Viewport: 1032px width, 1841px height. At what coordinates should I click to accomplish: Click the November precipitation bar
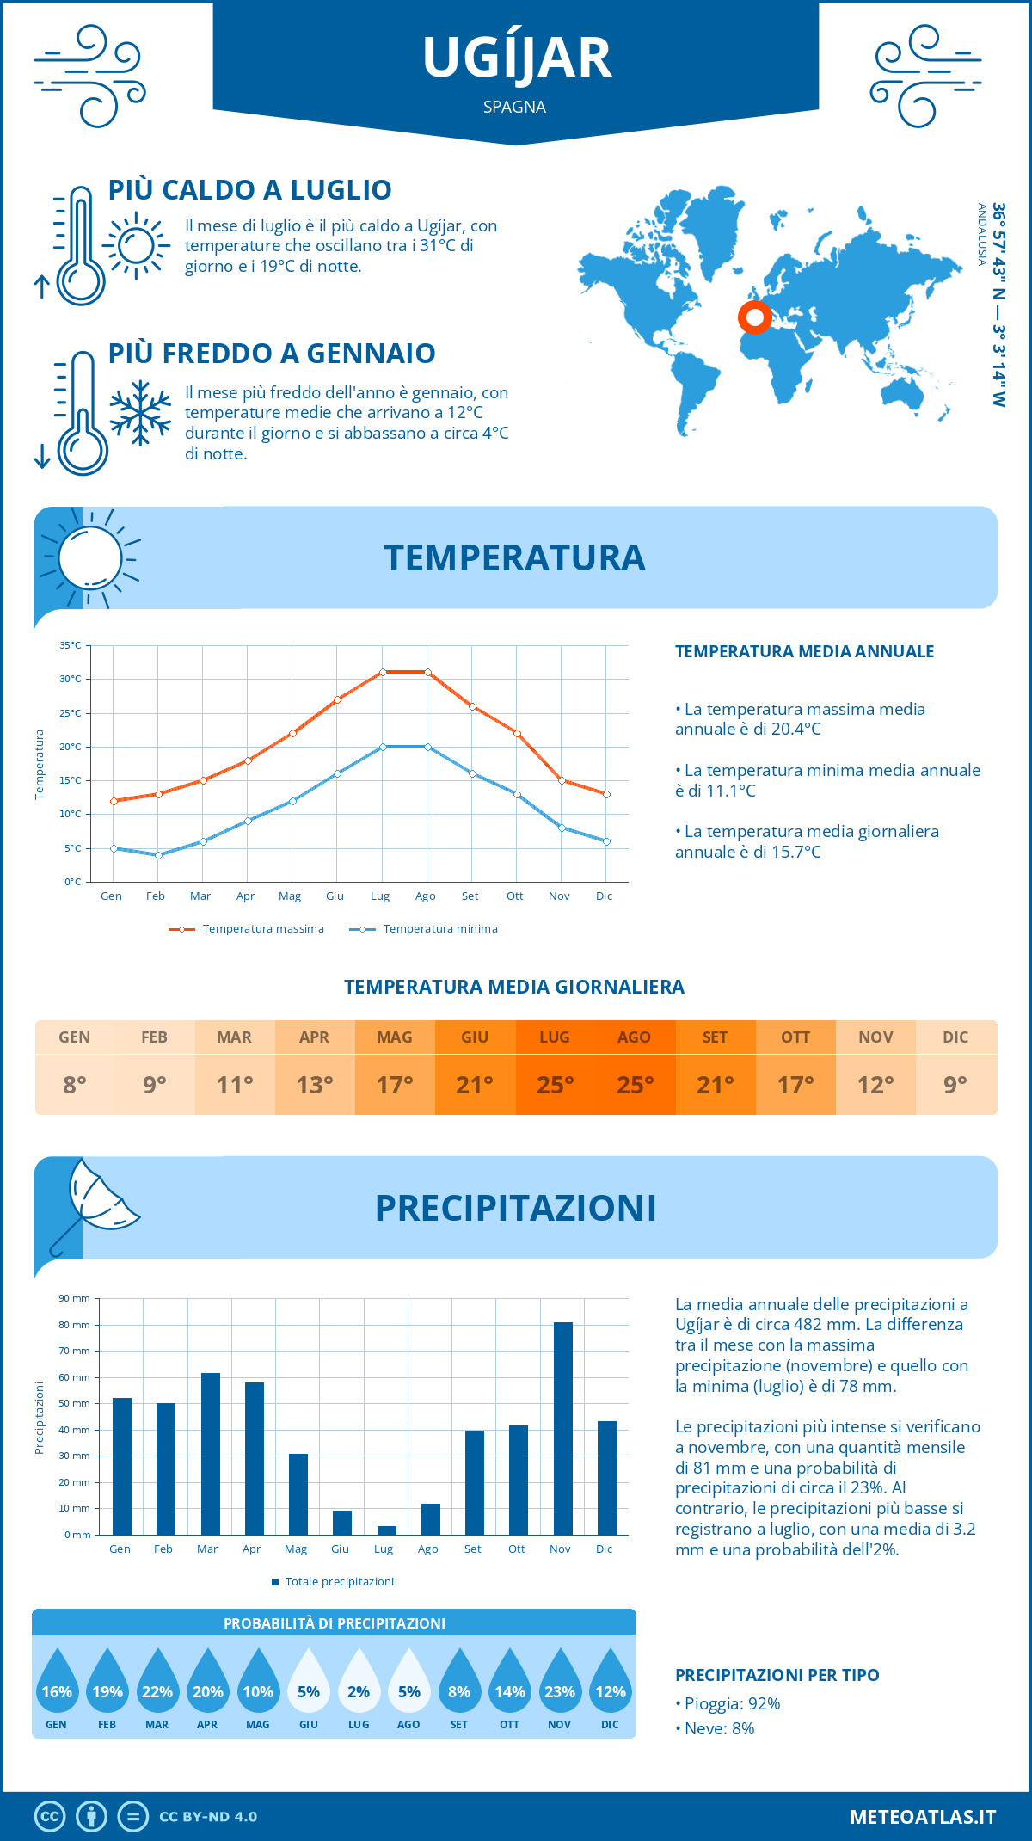click(562, 1428)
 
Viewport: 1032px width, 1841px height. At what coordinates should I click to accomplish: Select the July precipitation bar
click(387, 1530)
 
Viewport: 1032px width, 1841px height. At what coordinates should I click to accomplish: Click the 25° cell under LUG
click(555, 1084)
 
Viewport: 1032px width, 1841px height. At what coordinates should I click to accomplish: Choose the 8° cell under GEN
click(75, 1084)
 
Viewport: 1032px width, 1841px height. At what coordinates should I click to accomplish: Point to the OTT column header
click(795, 1037)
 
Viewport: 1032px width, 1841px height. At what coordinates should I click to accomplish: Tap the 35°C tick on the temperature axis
click(71, 645)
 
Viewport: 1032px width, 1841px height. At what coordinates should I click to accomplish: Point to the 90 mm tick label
click(74, 1298)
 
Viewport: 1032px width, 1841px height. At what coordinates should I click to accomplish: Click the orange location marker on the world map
click(755, 317)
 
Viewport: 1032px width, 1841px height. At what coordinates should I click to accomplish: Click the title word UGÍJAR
click(516, 58)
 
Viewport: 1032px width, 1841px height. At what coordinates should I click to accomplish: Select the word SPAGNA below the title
click(514, 107)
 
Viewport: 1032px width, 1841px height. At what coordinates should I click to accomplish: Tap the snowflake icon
click(140, 413)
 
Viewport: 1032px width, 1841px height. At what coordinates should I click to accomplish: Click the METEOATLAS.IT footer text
click(922, 1817)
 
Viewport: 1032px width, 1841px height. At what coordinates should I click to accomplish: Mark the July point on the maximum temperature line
click(383, 672)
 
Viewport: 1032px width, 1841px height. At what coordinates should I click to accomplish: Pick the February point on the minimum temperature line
click(158, 855)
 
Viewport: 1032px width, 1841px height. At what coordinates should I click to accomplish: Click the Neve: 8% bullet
click(719, 1728)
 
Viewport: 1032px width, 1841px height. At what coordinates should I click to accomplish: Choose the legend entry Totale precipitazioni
click(339, 1581)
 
